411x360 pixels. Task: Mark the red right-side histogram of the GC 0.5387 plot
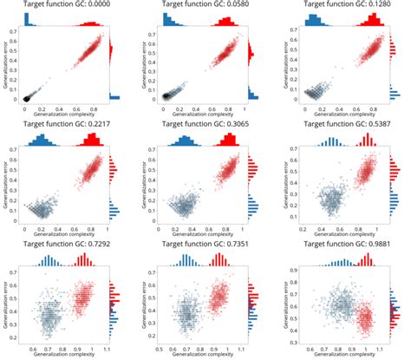click(x=389, y=169)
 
